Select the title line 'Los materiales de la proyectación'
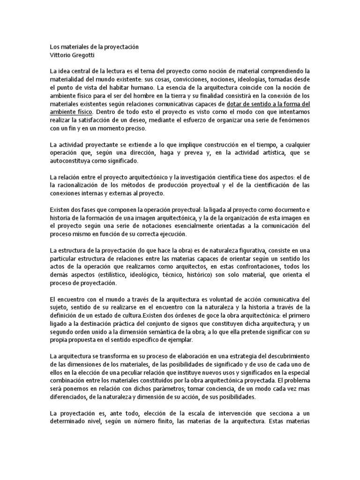(x=94, y=47)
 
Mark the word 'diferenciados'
(x=71, y=397)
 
